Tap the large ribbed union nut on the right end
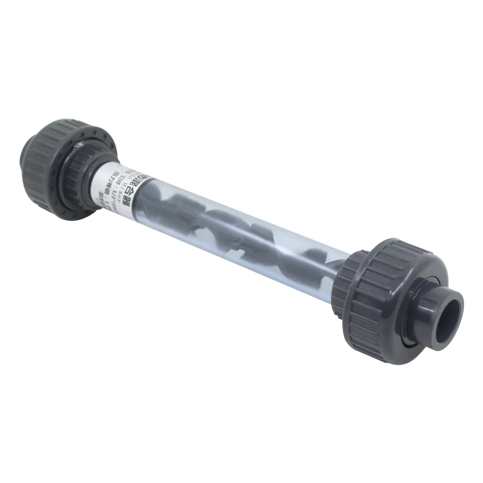point(374,283)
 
